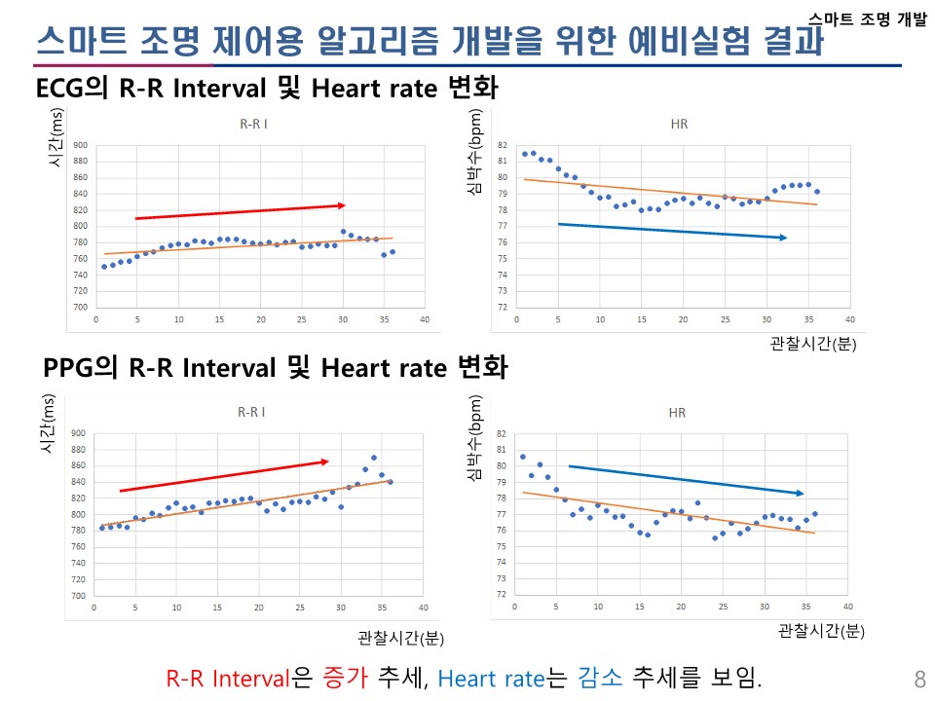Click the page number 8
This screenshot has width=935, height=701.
920,679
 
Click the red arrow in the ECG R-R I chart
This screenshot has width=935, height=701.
241,211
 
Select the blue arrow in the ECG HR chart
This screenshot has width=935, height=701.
672,231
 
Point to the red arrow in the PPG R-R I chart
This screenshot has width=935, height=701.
224,475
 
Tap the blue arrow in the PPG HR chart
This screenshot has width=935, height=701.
686,480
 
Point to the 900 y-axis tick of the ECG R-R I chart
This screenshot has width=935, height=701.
80,145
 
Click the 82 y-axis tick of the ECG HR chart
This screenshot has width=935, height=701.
503,145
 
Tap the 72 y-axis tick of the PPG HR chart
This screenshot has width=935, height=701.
501,594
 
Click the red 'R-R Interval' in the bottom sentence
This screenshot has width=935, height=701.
230,679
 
